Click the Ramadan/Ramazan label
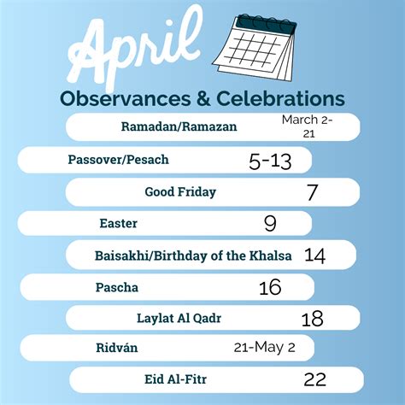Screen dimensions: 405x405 [x=179, y=127]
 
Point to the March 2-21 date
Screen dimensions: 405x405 [x=308, y=126]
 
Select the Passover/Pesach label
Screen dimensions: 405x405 [x=119, y=160]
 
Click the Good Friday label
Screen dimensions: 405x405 [x=180, y=192]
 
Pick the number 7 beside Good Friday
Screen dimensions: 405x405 [x=312, y=193]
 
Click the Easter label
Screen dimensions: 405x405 [x=118, y=224]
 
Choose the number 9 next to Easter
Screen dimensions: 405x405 [x=270, y=225]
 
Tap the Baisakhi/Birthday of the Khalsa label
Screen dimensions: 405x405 [x=193, y=255]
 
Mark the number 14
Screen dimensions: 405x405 [x=314, y=256]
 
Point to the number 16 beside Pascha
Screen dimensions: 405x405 [x=270, y=288]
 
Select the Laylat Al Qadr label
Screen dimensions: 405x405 [x=179, y=319]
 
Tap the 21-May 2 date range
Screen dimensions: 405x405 [x=265, y=348]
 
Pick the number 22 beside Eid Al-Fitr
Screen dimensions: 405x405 [x=314, y=379]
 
